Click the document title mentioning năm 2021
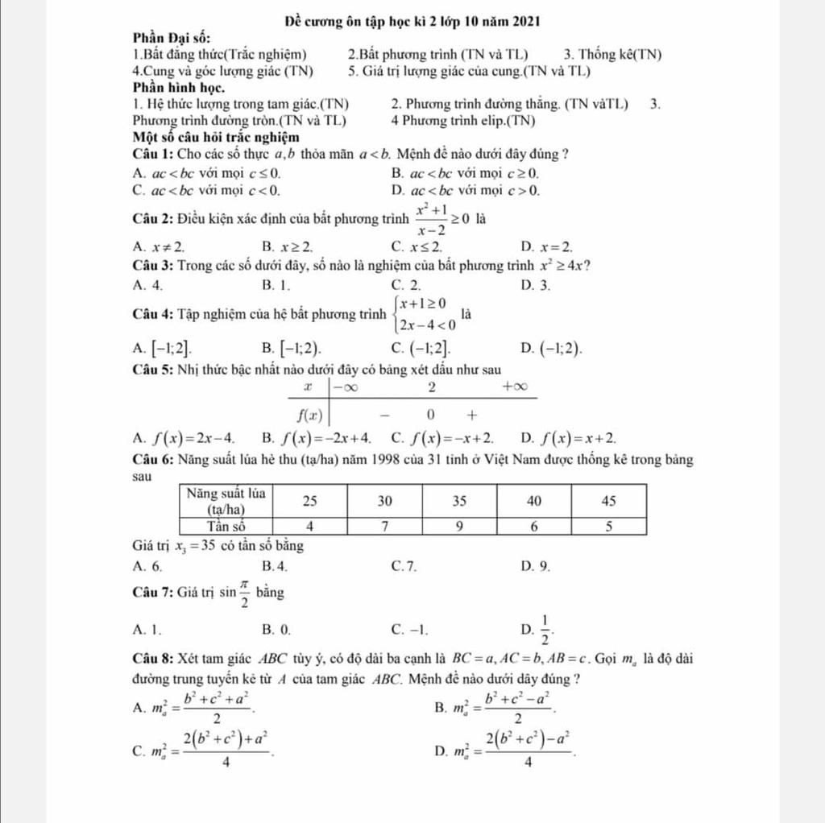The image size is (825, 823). click(412, 19)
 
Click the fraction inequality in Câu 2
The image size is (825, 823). click(443, 218)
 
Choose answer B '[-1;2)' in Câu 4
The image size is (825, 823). click(291, 348)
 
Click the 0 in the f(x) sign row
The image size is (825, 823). click(431, 416)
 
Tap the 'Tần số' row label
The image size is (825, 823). click(227, 526)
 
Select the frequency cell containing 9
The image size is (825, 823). click(459, 526)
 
